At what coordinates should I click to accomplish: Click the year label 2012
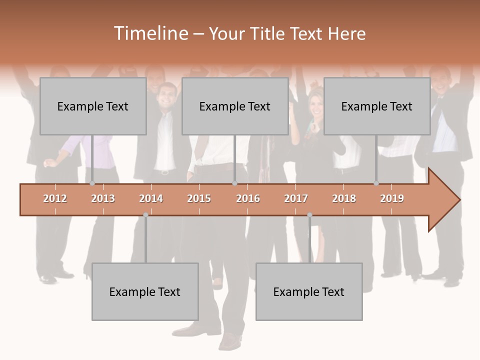point(55,198)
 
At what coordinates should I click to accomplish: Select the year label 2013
point(103,198)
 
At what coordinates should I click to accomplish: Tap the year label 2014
point(151,198)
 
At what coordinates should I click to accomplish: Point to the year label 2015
point(199,198)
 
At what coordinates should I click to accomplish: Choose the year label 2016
point(248,198)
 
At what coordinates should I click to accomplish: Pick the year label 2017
point(296,198)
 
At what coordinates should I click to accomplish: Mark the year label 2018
point(344,198)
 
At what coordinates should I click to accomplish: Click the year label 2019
point(392,198)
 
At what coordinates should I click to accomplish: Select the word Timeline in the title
point(150,33)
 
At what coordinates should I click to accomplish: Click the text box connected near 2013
point(93,106)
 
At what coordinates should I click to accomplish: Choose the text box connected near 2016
point(235,106)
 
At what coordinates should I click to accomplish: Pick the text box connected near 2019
point(377,106)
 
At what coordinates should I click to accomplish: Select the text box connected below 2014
point(145,291)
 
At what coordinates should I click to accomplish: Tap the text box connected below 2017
point(309,291)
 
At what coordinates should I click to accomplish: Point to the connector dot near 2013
point(92,183)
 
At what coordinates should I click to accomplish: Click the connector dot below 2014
point(145,215)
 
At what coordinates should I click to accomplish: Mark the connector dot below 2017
point(309,215)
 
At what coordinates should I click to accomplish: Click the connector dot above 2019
point(376,183)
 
